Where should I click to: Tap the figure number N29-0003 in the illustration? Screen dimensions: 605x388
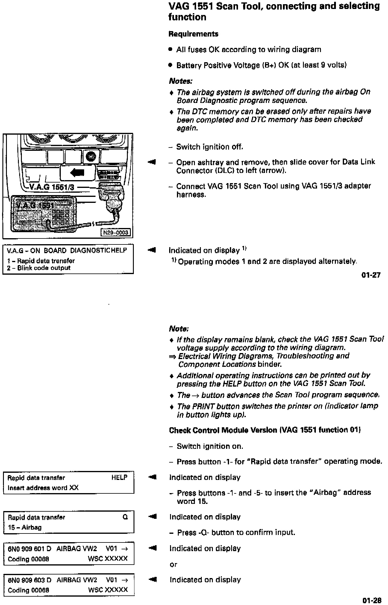[x=116, y=232]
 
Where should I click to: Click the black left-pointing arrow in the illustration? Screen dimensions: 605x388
[x=77, y=172]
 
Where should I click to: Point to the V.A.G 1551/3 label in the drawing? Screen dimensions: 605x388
[x=52, y=188]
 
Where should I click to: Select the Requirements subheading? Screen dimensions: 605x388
[x=193, y=34]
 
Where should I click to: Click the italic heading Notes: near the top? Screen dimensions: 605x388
[x=181, y=81]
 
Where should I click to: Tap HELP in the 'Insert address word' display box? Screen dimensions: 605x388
[x=119, y=478]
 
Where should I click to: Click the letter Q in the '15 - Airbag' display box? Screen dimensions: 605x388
[x=125, y=517]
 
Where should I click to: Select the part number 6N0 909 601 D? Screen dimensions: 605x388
[x=29, y=549]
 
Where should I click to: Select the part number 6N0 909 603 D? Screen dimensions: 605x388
[x=29, y=580]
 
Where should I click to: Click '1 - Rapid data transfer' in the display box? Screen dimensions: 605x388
[x=41, y=261]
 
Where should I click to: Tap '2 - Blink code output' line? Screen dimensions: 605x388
[x=39, y=268]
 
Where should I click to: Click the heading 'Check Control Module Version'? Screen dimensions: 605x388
[x=223, y=430]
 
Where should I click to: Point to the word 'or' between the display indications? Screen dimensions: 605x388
[x=173, y=564]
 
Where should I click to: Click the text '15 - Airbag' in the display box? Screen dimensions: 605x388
[x=25, y=527]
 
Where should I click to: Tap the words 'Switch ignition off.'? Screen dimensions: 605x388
[x=210, y=147]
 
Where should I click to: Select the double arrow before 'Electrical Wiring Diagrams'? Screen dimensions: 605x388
[x=173, y=356]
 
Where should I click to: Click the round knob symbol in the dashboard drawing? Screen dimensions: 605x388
[x=90, y=156]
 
